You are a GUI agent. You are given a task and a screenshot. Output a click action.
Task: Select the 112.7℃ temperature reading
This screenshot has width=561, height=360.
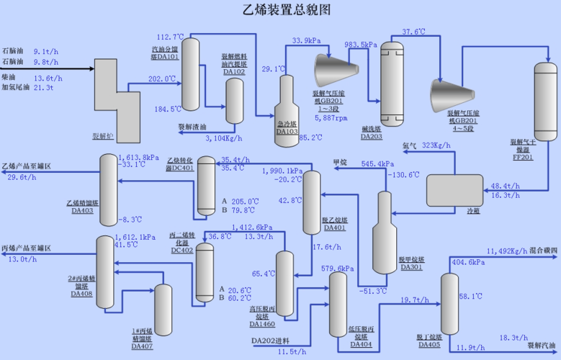pyautogui.click(x=171, y=37)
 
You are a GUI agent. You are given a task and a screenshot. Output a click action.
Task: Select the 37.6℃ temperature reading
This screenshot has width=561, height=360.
pyautogui.click(x=414, y=32)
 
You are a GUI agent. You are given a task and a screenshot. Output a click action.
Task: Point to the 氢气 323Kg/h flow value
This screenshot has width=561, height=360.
pyautogui.click(x=436, y=145)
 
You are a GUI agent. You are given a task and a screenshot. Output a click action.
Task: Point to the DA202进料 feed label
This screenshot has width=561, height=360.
pyautogui.click(x=270, y=341)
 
